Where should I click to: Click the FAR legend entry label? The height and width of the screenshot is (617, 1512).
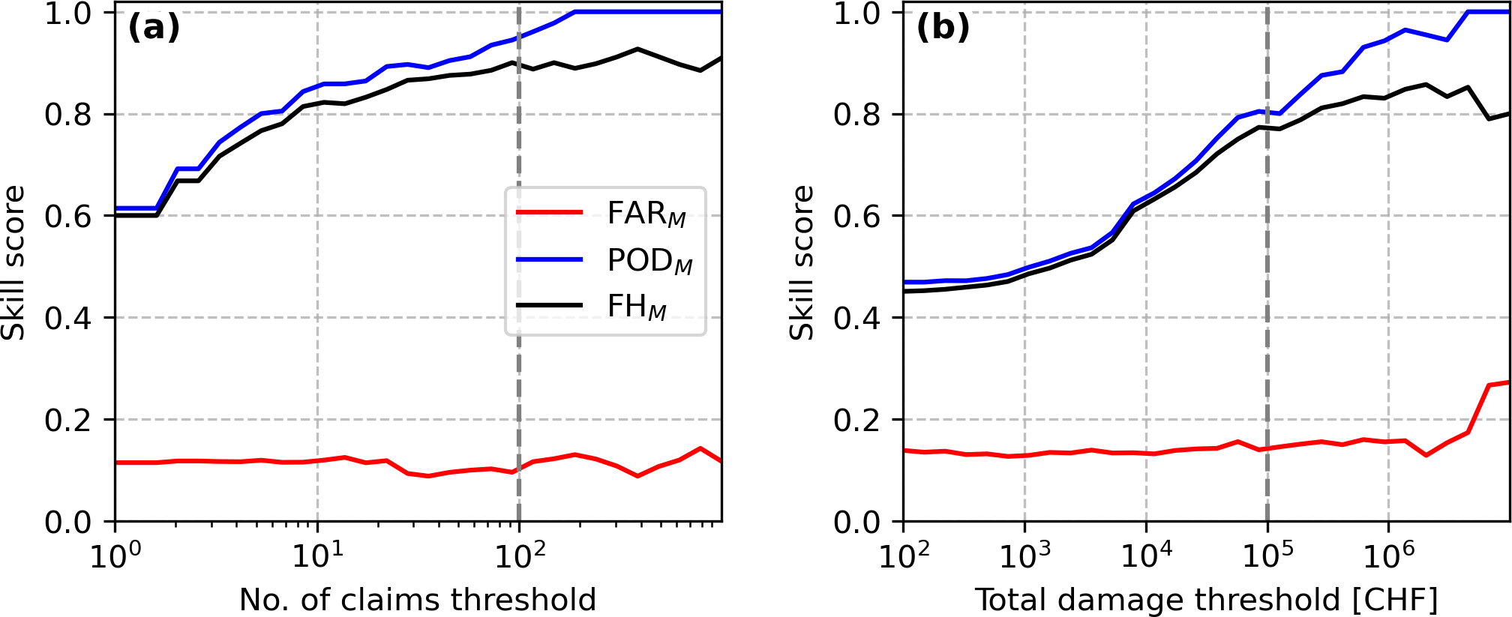(x=646, y=214)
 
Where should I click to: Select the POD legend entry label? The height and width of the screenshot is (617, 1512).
(x=649, y=261)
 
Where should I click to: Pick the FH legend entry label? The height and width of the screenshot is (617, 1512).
(x=636, y=307)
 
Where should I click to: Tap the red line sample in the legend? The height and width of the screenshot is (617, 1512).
(x=550, y=213)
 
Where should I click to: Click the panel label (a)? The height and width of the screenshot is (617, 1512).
(x=154, y=28)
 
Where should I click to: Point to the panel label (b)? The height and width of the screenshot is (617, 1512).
(x=943, y=28)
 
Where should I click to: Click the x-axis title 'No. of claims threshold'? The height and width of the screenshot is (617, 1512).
(x=418, y=600)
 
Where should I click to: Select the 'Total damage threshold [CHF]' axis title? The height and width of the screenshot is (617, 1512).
(x=1206, y=600)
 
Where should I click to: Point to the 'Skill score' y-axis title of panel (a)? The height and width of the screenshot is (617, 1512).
(x=13, y=262)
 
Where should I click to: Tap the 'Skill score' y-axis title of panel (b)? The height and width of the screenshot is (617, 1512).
(x=802, y=262)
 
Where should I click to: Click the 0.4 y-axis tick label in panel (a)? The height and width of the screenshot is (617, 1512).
(x=68, y=318)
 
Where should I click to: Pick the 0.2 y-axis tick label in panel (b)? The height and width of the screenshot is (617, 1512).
(x=857, y=420)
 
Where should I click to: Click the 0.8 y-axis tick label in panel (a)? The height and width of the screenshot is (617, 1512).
(x=68, y=115)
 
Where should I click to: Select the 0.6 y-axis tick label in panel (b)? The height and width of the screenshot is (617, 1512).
(x=857, y=216)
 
